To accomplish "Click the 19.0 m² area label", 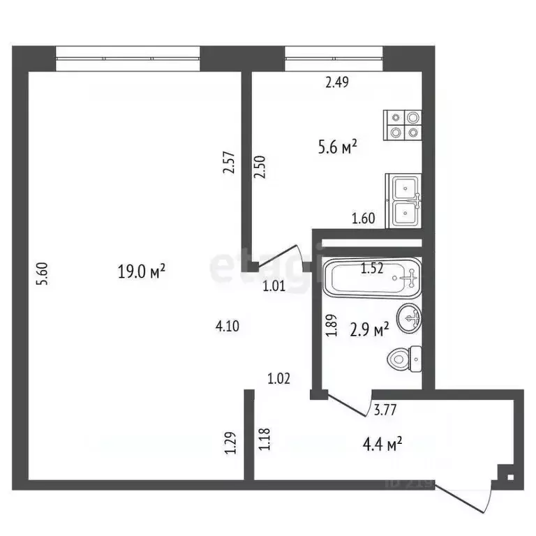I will (142, 271).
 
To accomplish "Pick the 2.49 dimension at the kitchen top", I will (337, 82).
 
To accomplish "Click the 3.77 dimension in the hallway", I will (386, 410).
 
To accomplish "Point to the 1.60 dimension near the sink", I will (363, 218).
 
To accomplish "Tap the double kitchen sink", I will (405, 200).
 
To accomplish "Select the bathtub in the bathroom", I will (372, 278).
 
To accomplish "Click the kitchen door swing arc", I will (284, 254).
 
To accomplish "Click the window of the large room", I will (128, 58).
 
